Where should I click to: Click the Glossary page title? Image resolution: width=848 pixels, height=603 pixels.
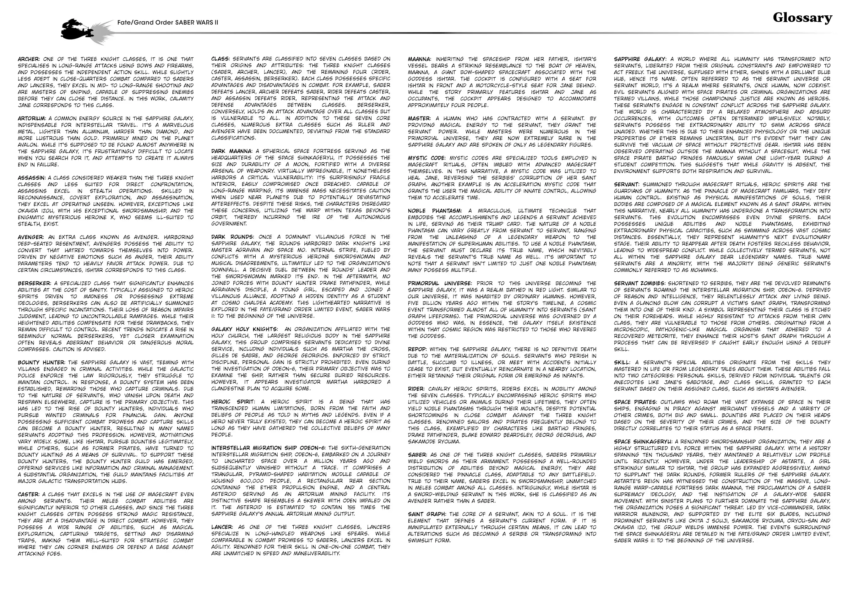802,18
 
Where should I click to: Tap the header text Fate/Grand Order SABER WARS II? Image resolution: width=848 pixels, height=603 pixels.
168,22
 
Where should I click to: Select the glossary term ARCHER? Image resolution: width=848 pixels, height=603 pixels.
29,59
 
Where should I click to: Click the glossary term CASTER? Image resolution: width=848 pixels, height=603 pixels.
29,494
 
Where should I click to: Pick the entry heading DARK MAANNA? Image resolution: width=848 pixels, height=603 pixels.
232,151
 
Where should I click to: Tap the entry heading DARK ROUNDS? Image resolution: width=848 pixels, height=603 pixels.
232,237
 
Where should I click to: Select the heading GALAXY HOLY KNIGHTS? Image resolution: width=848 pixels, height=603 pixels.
244,329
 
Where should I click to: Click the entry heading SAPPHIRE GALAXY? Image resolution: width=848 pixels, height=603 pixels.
640,59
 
